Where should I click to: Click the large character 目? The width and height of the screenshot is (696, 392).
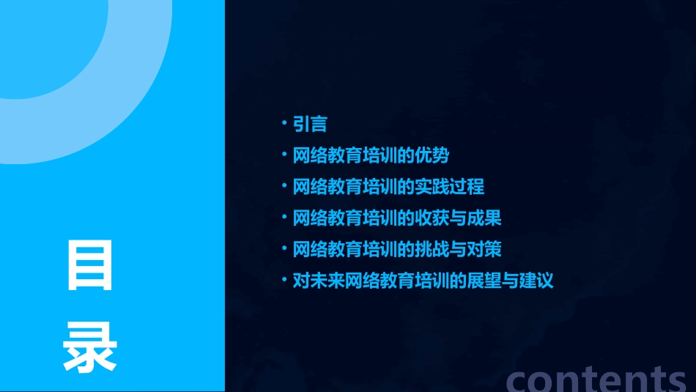coord(90,265)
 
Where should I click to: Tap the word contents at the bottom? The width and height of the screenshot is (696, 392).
coord(596,379)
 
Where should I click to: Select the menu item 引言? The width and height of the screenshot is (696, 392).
coord(310,125)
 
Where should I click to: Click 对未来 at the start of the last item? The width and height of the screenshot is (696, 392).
coord(319,281)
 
